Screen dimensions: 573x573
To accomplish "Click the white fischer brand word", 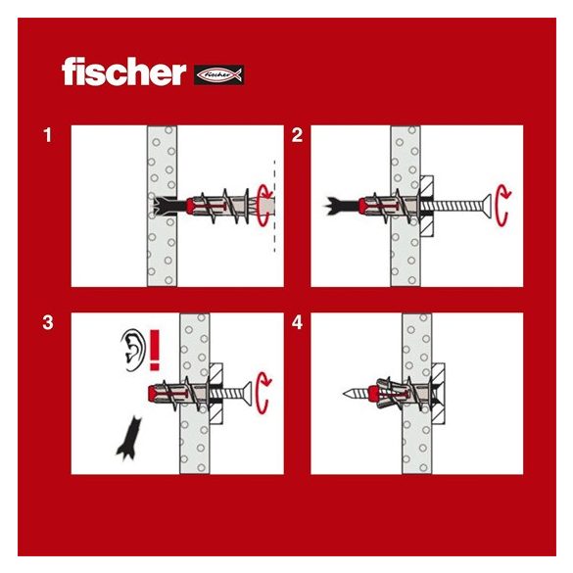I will [x=123, y=72].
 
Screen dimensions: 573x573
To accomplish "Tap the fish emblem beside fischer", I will [x=218, y=73].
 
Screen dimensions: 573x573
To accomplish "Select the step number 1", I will [x=47, y=135].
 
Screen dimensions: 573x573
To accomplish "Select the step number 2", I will [x=297, y=135].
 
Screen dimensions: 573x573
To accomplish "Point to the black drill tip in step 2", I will [x=339, y=205].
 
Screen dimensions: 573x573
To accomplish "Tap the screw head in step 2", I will [x=483, y=205].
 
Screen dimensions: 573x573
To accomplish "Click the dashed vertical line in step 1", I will [x=275, y=206].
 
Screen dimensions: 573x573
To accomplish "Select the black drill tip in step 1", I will [x=161, y=206].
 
